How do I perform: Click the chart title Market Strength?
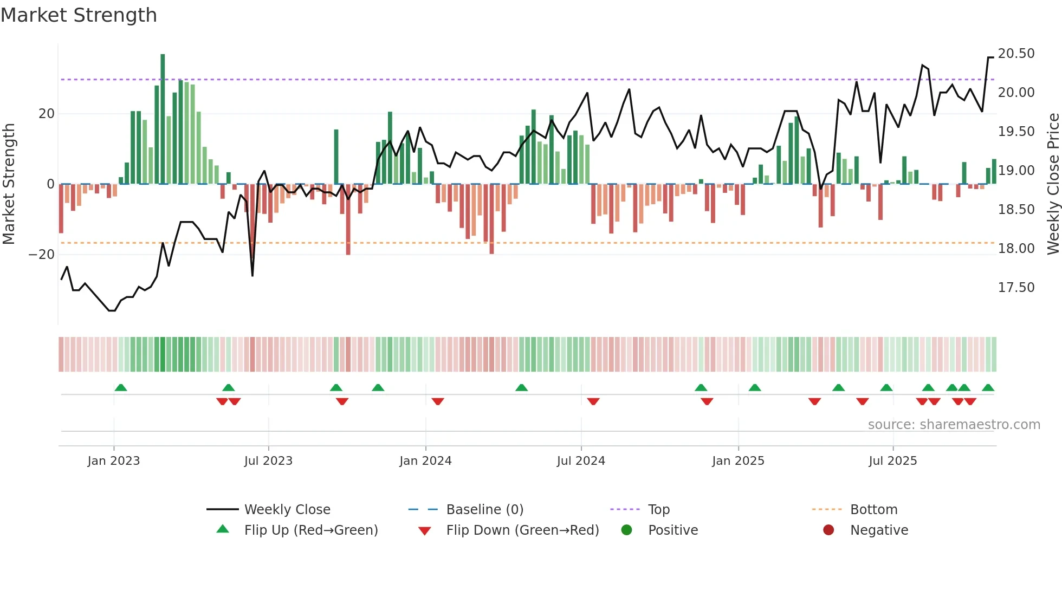(x=79, y=15)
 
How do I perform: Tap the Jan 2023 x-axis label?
(x=114, y=461)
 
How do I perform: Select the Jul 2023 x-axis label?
(x=268, y=461)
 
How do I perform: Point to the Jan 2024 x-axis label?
(x=425, y=461)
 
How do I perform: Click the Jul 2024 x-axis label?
(x=581, y=461)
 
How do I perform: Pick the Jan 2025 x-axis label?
(x=738, y=461)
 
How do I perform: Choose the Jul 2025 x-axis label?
(x=893, y=461)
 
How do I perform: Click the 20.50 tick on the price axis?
(x=1016, y=54)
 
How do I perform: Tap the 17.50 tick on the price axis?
(x=1016, y=288)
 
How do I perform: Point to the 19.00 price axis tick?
(x=1016, y=171)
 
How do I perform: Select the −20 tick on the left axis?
(x=42, y=255)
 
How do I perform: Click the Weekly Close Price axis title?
(x=1053, y=184)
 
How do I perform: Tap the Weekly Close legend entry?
(x=287, y=510)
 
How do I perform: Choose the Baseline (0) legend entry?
(x=484, y=510)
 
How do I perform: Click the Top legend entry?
(x=659, y=510)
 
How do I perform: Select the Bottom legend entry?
(x=873, y=510)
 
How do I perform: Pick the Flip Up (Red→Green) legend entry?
(x=310, y=530)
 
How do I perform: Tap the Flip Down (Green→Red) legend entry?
(x=522, y=530)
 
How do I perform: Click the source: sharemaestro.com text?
(x=954, y=425)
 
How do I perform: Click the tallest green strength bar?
(x=163, y=119)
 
